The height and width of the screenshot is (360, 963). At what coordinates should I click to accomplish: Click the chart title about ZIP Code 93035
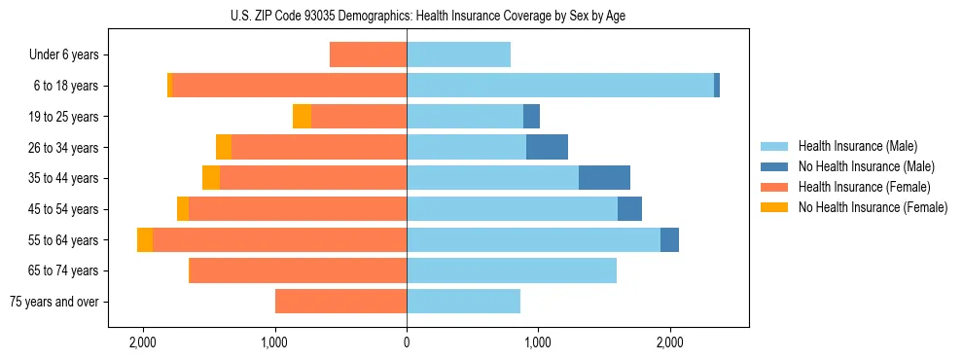407,16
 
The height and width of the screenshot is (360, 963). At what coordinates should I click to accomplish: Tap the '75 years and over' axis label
54,302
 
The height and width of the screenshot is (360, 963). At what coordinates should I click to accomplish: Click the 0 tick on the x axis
407,342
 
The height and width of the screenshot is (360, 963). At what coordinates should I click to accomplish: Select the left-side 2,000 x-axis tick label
143,342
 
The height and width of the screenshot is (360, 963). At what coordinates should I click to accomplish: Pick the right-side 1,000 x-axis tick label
538,342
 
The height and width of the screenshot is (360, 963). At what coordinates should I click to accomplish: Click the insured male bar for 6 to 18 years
560,86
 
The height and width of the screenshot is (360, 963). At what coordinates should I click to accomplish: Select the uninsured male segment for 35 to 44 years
604,178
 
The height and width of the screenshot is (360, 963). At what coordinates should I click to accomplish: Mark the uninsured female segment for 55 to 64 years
145,240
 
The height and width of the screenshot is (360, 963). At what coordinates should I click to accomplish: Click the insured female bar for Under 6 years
368,55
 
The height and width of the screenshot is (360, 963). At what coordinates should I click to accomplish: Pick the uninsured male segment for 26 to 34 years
547,147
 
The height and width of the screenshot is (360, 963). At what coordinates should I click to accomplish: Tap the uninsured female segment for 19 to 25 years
302,117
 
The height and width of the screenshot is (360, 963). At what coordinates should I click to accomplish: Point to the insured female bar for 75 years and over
340,302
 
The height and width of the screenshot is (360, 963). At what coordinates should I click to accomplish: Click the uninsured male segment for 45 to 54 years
629,209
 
